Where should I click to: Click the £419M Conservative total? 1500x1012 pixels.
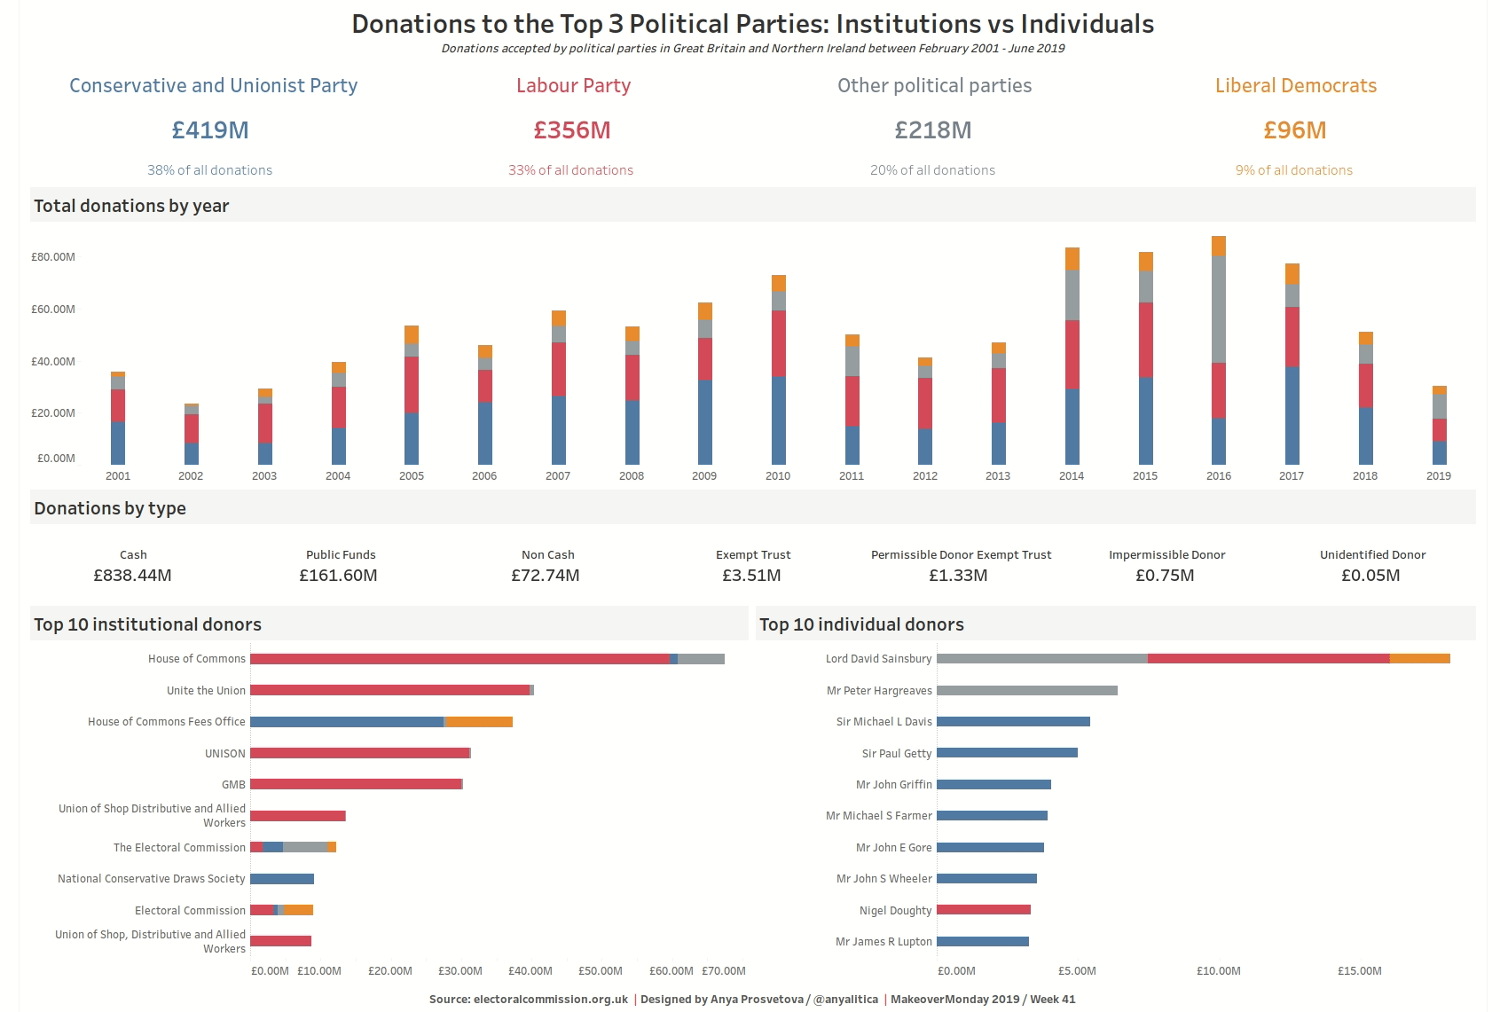coord(210,130)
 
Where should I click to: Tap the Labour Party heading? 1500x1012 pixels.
coord(573,86)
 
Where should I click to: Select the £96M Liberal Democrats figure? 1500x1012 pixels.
coord(1294,130)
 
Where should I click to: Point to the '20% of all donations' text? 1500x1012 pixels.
coord(932,170)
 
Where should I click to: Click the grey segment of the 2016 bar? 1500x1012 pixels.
coord(1219,309)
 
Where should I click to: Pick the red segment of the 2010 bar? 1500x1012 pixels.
coord(778,343)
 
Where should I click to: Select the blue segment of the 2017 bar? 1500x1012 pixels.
coord(1292,415)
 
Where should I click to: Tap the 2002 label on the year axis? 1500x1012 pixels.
coord(191,476)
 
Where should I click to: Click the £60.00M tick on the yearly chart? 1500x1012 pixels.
coord(53,310)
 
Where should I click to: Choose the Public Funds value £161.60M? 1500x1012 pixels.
coord(338,576)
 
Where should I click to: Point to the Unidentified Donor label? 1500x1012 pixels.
coord(1372,555)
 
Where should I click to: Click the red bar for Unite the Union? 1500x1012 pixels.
coord(389,690)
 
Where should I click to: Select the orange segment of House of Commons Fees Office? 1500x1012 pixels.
coord(479,722)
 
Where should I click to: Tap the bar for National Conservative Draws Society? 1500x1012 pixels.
coord(282,879)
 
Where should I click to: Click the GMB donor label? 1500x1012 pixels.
coord(233,785)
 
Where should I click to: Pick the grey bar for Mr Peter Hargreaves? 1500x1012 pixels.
coord(1026,690)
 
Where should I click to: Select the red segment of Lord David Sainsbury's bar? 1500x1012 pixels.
coord(1268,659)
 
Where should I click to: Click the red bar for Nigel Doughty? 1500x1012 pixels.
coord(983,910)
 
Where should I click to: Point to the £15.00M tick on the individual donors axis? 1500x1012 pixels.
coord(1359,971)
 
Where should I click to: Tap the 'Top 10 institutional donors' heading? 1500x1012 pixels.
coord(148,624)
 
